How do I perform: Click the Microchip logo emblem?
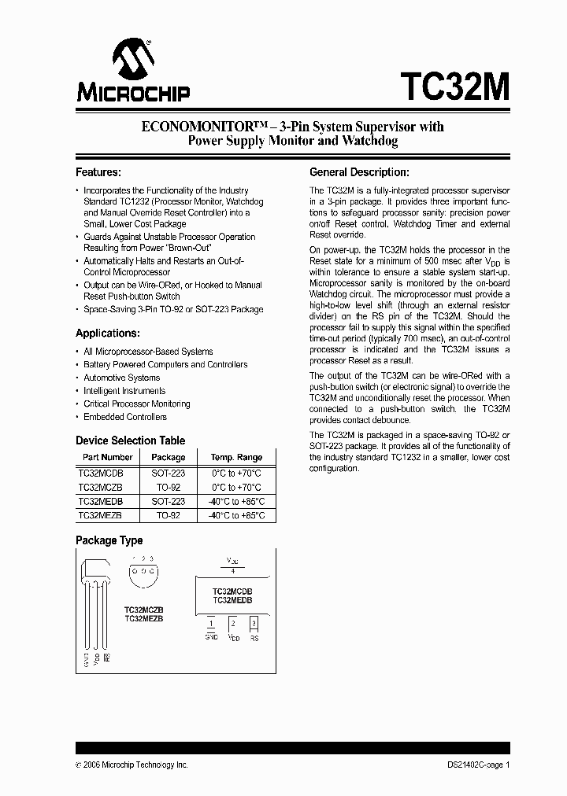pos(132,58)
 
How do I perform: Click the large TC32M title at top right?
pos(454,83)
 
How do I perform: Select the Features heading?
pos(98,172)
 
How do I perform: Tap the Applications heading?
pos(107,333)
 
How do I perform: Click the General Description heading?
pos(359,172)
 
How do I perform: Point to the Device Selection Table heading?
pos(130,440)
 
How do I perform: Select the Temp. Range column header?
pos(236,457)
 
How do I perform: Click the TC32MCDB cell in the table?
pos(101,473)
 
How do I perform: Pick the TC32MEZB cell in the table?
pos(100,515)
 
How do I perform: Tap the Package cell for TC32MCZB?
pos(168,487)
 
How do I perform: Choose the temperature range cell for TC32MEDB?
pos(236,501)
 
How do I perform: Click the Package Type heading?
pos(109,540)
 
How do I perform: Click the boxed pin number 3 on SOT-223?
pos(254,623)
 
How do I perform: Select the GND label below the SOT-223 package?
pos(211,637)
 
